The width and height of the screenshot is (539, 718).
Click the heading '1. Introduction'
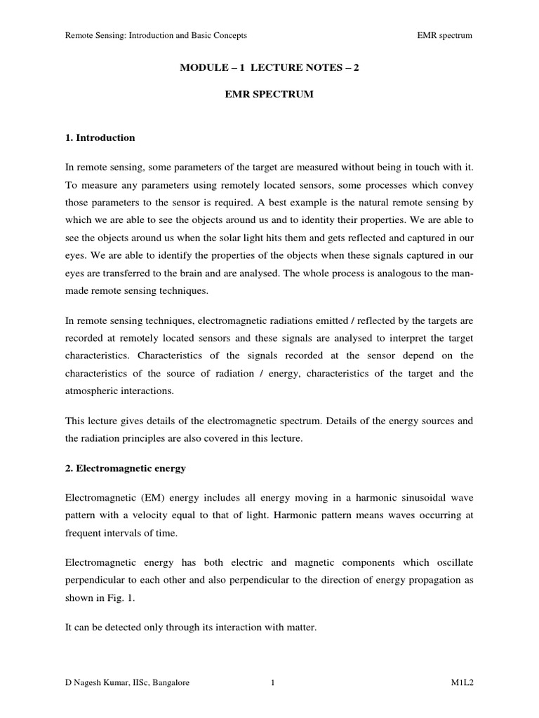click(x=100, y=138)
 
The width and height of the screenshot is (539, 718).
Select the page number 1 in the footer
click(x=271, y=682)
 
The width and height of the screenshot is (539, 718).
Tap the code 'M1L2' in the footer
click(x=462, y=682)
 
